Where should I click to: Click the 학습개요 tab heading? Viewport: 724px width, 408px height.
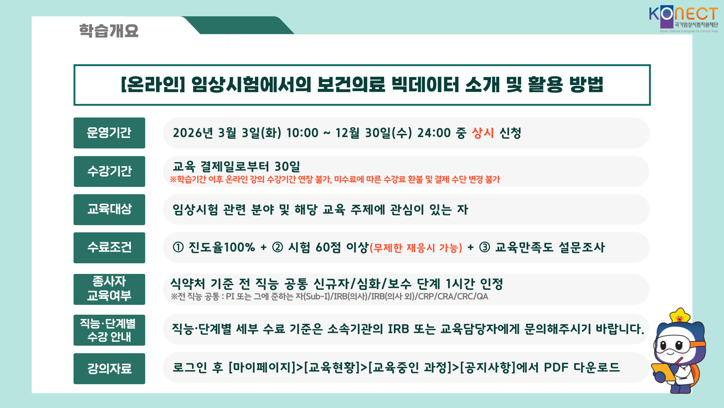click(109, 31)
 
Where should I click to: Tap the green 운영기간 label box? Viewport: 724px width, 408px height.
click(109, 133)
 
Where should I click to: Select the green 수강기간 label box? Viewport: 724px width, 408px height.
click(109, 172)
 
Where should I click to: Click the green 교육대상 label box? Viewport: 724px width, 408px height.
click(109, 210)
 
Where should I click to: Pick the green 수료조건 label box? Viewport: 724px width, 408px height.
click(109, 248)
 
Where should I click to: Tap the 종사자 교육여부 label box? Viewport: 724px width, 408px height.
click(109, 289)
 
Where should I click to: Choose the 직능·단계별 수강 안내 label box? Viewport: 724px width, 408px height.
click(109, 330)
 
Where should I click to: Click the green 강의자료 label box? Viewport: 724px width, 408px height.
click(109, 369)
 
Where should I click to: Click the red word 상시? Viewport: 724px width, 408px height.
click(483, 133)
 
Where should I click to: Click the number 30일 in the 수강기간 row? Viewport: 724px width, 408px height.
click(287, 167)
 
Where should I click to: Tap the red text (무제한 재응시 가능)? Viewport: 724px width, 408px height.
click(416, 248)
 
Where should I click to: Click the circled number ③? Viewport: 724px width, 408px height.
click(485, 247)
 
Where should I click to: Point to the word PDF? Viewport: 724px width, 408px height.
click(556, 367)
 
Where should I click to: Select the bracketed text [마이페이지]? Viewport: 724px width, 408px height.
click(262, 367)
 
